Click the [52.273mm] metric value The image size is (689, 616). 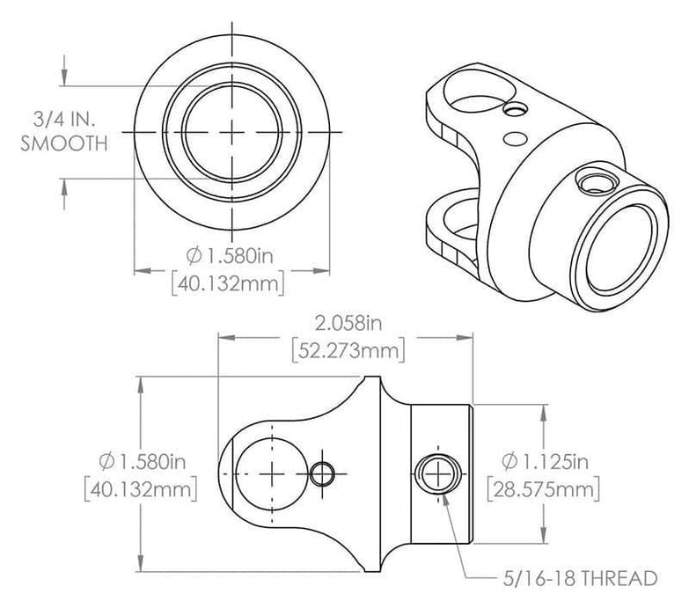[x=347, y=351]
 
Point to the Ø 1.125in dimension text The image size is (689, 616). [x=544, y=460]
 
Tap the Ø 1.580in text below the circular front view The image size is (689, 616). [x=231, y=256]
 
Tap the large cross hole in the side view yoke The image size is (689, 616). [x=273, y=473]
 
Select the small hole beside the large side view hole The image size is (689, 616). [x=323, y=473]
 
